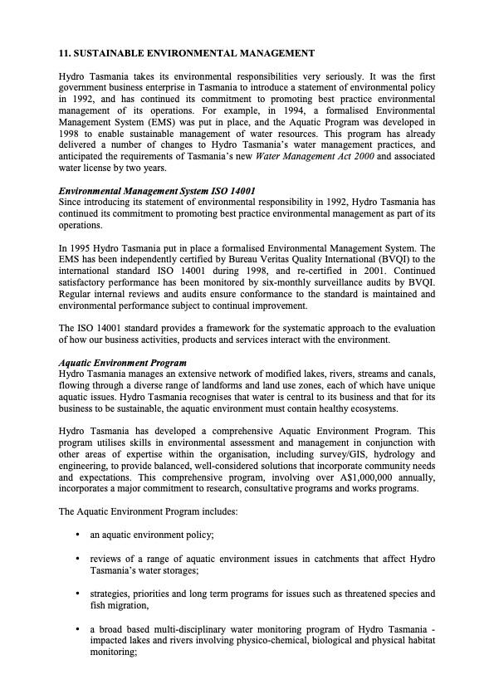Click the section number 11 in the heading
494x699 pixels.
pos(64,54)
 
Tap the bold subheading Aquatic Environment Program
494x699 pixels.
pos(122,363)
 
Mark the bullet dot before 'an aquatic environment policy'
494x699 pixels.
pos(77,535)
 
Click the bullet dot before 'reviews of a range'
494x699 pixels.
pos(77,559)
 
